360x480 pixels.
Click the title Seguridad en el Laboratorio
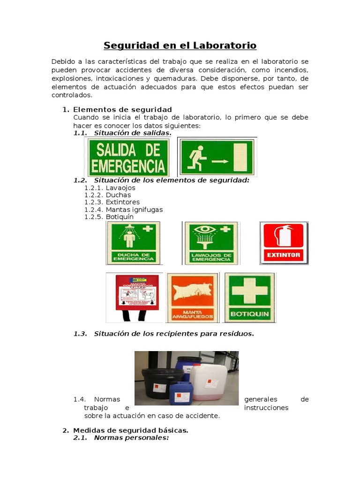180,45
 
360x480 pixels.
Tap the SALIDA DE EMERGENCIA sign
127,157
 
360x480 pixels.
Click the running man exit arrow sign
217,157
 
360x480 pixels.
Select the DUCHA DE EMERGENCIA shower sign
134,243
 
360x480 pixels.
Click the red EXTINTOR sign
284,243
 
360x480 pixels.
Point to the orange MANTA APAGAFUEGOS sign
192,298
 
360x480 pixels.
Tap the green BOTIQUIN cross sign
250,298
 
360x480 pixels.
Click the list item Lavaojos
120,187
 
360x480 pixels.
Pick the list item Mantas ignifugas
134,210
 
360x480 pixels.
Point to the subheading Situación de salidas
132,133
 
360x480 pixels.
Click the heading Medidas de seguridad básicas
130,430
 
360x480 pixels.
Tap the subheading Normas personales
131,437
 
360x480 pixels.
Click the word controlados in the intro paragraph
72,95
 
